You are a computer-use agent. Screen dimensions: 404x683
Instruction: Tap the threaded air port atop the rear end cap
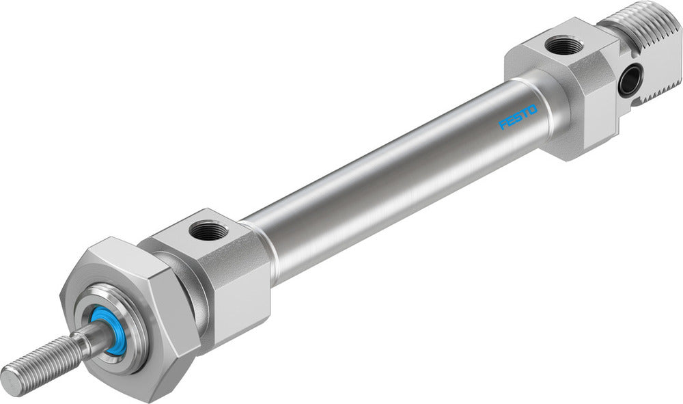coord(564,46)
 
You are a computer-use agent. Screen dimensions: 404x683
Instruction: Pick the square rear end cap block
coord(567,89)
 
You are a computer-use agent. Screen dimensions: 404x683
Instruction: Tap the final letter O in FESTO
coord(533,109)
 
